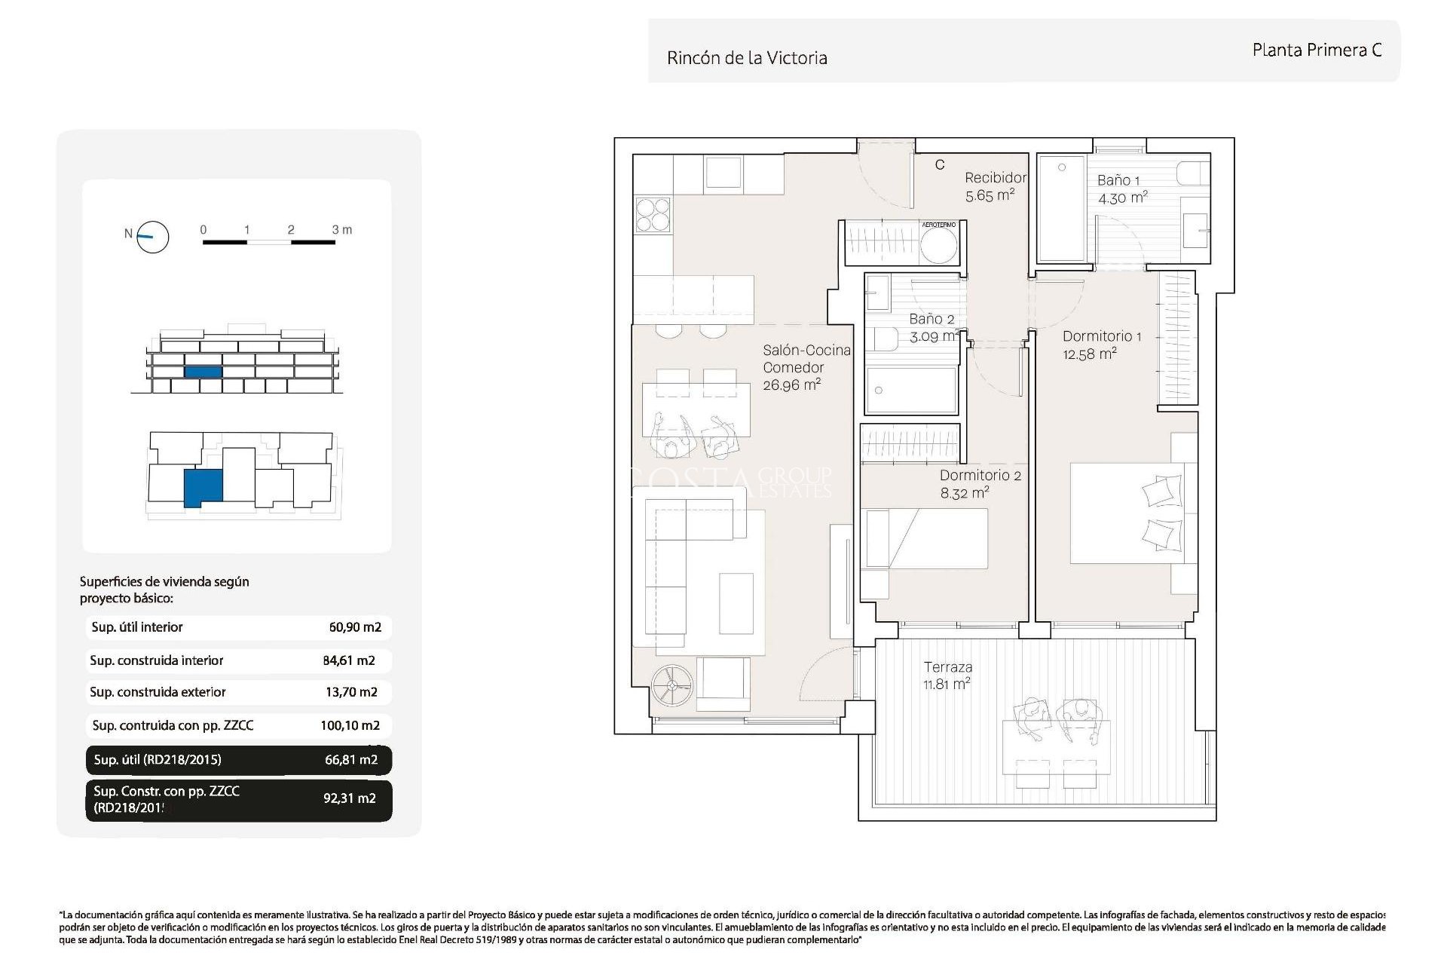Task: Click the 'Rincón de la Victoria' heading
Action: point(747,58)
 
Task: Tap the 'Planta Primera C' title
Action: point(1317,51)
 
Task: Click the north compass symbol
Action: point(152,237)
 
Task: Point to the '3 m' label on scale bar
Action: point(342,229)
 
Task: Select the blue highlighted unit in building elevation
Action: point(203,372)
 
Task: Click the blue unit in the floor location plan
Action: point(203,487)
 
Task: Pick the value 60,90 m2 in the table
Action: point(355,627)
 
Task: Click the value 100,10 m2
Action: point(350,725)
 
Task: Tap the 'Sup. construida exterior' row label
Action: point(158,692)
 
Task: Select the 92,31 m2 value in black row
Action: point(350,798)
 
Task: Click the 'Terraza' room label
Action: point(947,667)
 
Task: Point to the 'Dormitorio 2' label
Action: point(980,475)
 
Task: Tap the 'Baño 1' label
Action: point(1118,180)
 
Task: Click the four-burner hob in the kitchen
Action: point(653,213)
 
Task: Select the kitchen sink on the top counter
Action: point(723,173)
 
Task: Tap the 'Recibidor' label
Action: point(995,178)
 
